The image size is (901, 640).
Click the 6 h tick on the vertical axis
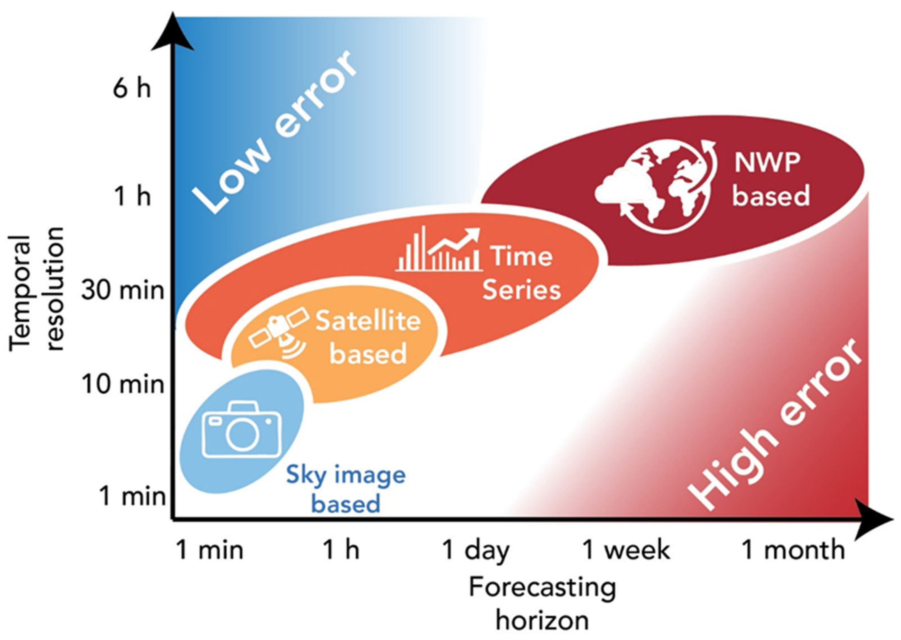coord(131,88)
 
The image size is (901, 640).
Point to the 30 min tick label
coord(123,291)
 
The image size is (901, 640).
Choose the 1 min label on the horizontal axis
coord(209,550)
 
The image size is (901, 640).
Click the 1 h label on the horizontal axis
coord(341,550)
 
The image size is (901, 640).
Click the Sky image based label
coord(346,489)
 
